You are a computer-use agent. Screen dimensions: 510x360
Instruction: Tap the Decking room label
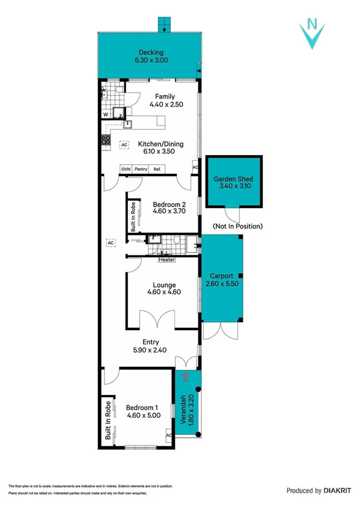[150, 52]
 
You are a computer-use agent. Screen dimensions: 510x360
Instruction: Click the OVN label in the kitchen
[126, 169]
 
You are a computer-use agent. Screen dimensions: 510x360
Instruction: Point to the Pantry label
[141, 169]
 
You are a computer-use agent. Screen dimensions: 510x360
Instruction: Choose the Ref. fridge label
[157, 169]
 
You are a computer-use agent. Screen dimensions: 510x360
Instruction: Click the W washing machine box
[106, 113]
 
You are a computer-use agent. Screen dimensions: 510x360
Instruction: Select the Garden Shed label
[234, 179]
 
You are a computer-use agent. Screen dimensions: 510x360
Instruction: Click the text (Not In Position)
[238, 226]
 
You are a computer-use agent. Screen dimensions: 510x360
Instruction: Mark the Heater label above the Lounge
[166, 260]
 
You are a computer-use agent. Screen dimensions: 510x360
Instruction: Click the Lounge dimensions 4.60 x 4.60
[164, 292]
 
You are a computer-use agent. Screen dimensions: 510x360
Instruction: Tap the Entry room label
[150, 342]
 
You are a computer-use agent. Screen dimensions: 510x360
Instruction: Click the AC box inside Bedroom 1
[169, 435]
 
